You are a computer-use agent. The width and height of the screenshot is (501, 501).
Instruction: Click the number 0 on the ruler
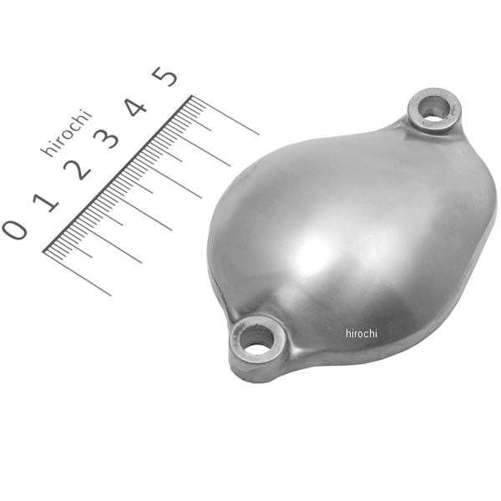point(15,228)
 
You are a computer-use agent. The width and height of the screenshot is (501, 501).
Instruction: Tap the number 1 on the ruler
point(47,200)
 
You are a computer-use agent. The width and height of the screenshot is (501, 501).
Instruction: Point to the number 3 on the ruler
point(108,139)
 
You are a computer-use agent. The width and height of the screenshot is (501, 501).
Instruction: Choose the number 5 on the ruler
point(165,77)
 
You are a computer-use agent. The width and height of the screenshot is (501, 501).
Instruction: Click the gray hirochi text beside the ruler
point(66,133)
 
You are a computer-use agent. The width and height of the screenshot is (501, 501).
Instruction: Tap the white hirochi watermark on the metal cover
point(362,333)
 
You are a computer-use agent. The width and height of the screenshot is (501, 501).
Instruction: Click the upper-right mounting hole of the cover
point(433,107)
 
